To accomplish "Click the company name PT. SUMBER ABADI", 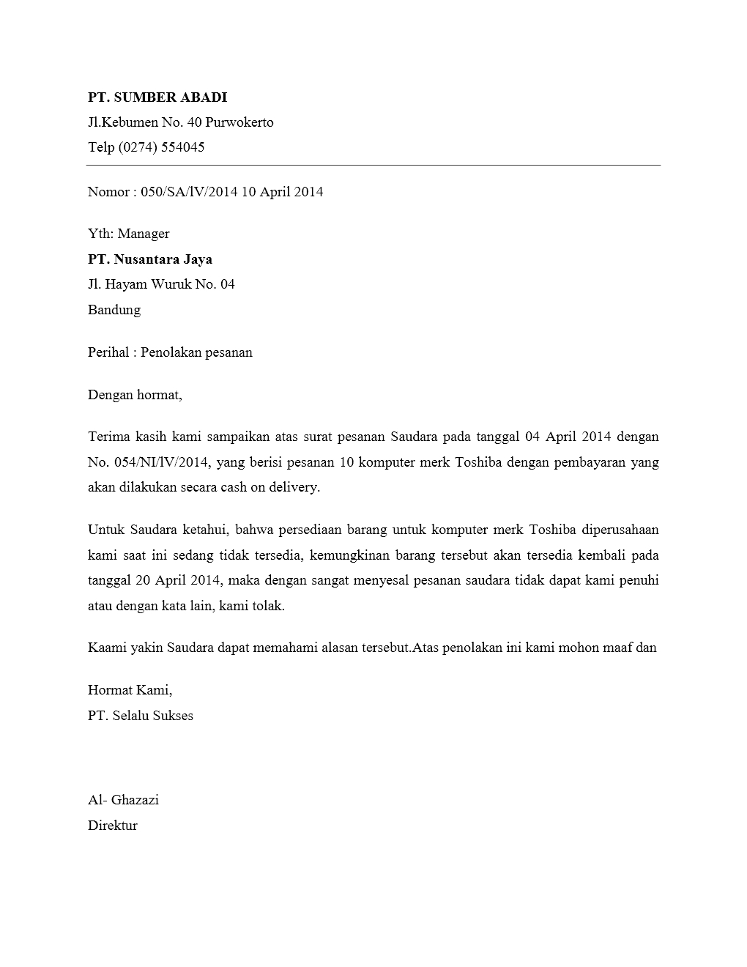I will click(x=157, y=97).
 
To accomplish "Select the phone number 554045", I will click(x=182, y=147).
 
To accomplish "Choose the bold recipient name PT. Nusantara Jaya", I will click(x=150, y=259).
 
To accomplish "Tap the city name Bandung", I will click(x=114, y=310).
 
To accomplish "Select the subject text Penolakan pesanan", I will click(x=196, y=352).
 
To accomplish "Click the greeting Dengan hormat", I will click(x=134, y=395).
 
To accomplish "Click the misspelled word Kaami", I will click(x=107, y=648).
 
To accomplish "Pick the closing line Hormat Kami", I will click(x=130, y=690).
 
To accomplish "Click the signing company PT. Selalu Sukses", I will click(x=141, y=716).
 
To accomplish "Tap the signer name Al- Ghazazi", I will click(x=123, y=800).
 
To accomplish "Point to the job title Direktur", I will click(x=113, y=826).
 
